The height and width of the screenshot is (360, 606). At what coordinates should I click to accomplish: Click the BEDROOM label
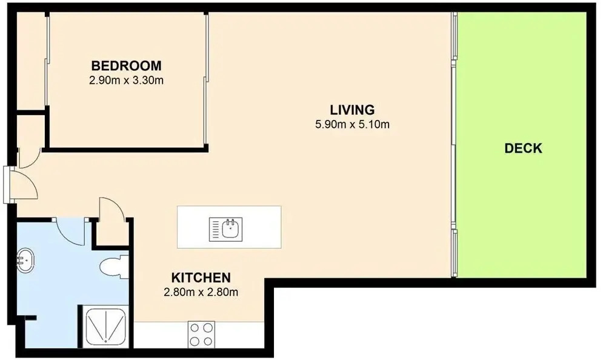pyautogui.click(x=127, y=65)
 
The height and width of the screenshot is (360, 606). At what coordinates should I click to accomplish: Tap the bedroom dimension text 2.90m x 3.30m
pyautogui.click(x=127, y=81)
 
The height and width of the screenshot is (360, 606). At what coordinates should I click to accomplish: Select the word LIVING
pyautogui.click(x=352, y=110)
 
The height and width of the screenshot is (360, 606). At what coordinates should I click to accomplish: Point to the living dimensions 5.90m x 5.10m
pyautogui.click(x=352, y=124)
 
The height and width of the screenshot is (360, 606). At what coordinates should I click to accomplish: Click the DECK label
pyautogui.click(x=524, y=148)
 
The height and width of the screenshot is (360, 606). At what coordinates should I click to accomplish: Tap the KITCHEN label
pyautogui.click(x=201, y=278)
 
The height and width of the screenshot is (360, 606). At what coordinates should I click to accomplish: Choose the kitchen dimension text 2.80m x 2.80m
pyautogui.click(x=201, y=292)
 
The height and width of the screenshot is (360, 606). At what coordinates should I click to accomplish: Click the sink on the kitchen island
pyautogui.click(x=225, y=229)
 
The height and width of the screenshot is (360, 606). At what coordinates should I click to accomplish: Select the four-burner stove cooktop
pyautogui.click(x=201, y=335)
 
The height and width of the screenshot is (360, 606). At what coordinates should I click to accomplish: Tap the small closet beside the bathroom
pyautogui.click(x=112, y=232)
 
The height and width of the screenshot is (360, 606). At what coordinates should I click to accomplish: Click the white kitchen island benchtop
pyautogui.click(x=229, y=227)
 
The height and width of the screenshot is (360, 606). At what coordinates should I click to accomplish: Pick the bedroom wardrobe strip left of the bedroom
pyautogui.click(x=32, y=62)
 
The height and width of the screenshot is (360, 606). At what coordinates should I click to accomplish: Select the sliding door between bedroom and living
pyautogui.click(x=207, y=80)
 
